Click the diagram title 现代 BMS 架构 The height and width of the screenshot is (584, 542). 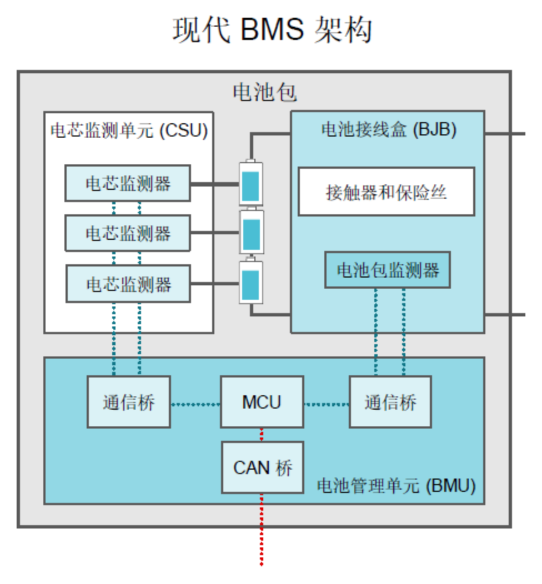(x=272, y=30)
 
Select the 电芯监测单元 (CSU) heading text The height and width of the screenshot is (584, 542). (x=129, y=131)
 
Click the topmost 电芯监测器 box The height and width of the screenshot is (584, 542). (x=128, y=183)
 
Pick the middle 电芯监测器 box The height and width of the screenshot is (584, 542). (x=128, y=233)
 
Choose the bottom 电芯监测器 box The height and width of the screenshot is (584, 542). (x=128, y=284)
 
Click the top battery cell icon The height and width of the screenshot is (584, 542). (x=251, y=184)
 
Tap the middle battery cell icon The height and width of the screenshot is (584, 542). (x=251, y=233)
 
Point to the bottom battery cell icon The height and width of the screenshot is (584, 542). (x=251, y=283)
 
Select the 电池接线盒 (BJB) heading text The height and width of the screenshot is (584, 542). (x=388, y=129)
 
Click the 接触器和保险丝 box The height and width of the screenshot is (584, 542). (x=386, y=192)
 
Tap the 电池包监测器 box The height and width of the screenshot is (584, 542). (x=387, y=270)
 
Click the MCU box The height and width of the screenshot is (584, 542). (x=262, y=402)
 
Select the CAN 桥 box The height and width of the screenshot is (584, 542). (x=262, y=467)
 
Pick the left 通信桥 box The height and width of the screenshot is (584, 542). (x=128, y=402)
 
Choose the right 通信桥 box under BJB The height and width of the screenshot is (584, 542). (x=390, y=402)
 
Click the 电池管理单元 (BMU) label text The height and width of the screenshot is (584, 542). (x=396, y=486)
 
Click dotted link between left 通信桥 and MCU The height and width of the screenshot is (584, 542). (x=195, y=404)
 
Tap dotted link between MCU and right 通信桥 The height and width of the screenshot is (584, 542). (x=326, y=404)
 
